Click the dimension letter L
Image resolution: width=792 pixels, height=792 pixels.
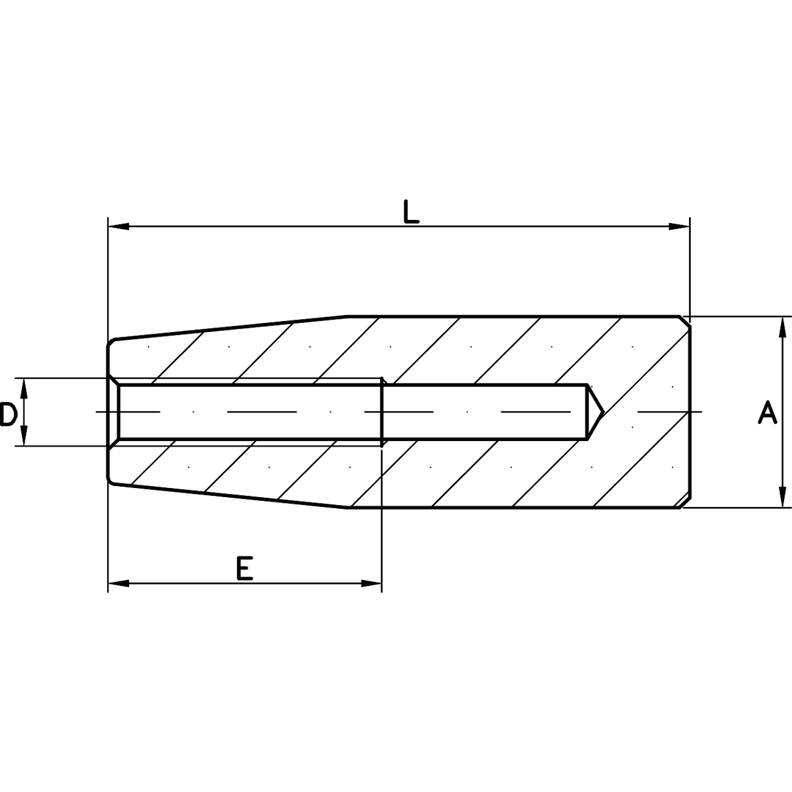(x=410, y=211)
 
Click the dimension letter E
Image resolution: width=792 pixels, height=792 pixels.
(x=245, y=568)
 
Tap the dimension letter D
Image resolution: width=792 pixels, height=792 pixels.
(x=8, y=414)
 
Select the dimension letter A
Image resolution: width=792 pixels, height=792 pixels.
(x=767, y=413)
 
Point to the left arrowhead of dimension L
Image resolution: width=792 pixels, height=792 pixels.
(x=118, y=226)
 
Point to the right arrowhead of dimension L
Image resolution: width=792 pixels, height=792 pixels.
(x=679, y=226)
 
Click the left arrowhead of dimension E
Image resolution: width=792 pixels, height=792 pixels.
(x=118, y=583)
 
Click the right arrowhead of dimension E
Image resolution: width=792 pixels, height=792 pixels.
(x=372, y=583)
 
